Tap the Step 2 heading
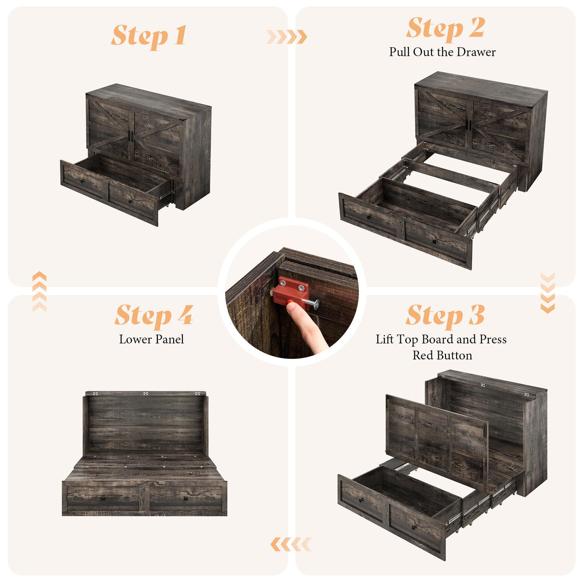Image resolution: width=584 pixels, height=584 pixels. click(x=445, y=28)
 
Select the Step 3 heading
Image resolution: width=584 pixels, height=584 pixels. click(x=445, y=316)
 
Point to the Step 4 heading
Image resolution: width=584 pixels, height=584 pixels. click(x=154, y=316)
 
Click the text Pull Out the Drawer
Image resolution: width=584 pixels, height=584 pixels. click(x=443, y=52)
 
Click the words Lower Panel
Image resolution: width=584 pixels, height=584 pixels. click(x=152, y=340)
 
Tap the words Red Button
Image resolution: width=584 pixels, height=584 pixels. click(x=443, y=355)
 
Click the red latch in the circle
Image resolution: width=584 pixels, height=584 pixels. click(x=291, y=292)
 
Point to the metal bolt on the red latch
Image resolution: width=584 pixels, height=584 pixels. click(x=312, y=303)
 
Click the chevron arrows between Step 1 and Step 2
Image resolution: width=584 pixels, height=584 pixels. click(x=287, y=37)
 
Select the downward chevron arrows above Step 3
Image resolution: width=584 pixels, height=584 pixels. click(x=547, y=293)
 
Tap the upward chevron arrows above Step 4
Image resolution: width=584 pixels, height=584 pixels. click(x=39, y=291)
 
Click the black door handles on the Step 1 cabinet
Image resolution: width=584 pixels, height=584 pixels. click(x=131, y=136)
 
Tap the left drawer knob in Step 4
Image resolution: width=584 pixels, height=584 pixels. click(x=104, y=498)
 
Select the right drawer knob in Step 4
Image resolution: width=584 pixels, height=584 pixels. click(x=186, y=498)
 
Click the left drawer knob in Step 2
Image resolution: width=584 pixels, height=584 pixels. click(x=369, y=216)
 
